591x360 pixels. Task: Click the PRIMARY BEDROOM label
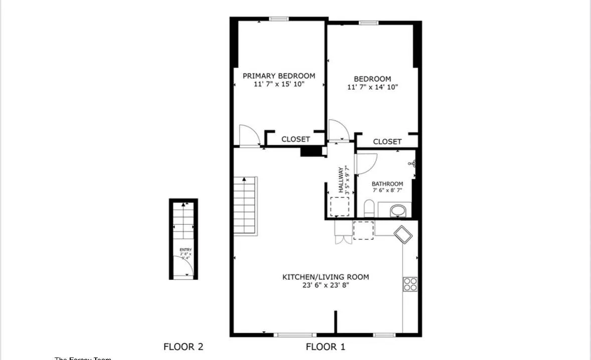[x=279, y=76]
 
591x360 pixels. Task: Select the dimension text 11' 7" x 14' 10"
[x=372, y=87]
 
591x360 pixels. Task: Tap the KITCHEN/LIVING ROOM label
[x=325, y=277]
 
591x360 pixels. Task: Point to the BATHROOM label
[x=387, y=184]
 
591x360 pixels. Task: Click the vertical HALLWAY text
[x=341, y=180]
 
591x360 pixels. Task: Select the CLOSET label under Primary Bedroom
[x=295, y=139]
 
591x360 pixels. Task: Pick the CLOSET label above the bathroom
[x=387, y=142]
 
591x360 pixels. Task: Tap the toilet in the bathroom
[x=369, y=209]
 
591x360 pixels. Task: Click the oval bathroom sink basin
[x=399, y=211]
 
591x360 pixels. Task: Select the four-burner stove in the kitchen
[x=410, y=284]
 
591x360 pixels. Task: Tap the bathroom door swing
[x=365, y=163]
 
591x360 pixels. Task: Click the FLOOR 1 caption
[x=325, y=346]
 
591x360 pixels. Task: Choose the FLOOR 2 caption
[x=183, y=346]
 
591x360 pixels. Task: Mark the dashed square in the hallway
[x=340, y=206]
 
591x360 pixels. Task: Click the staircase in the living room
[x=245, y=205]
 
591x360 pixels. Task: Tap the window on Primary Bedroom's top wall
[x=279, y=19]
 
